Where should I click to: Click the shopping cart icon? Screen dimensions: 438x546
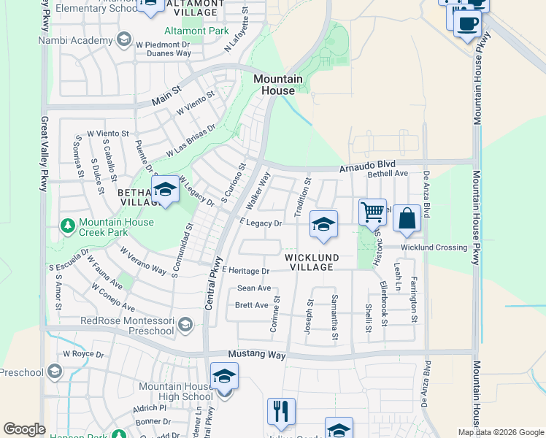click(372, 212)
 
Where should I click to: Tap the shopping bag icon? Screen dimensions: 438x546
click(407, 218)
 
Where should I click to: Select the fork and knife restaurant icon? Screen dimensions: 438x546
click(281, 411)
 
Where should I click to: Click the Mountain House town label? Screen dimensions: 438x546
click(278, 85)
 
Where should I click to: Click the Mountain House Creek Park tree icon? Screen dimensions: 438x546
click(69, 225)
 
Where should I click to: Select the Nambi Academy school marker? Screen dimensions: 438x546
click(123, 38)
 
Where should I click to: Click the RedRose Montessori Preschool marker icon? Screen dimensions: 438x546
click(185, 324)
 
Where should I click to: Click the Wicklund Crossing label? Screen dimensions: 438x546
click(434, 247)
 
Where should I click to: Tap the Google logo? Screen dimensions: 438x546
click(24, 429)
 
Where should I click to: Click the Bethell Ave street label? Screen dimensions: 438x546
click(387, 174)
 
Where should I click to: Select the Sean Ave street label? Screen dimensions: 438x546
click(254, 288)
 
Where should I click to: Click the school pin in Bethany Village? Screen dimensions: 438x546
click(166, 191)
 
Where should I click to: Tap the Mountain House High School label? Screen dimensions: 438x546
click(166, 391)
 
